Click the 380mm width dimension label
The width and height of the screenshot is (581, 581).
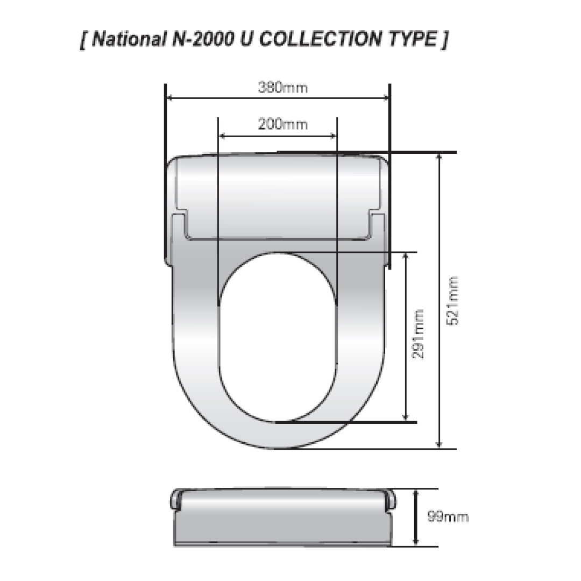282,88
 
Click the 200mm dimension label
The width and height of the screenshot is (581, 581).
282,124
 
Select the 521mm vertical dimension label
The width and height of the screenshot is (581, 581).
454,300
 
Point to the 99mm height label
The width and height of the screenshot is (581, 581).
448,517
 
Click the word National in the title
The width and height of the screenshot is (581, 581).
127,40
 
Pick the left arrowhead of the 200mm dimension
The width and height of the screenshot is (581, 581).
222,135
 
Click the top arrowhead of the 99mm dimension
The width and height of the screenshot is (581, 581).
415,493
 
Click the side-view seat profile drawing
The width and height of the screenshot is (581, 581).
282,519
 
